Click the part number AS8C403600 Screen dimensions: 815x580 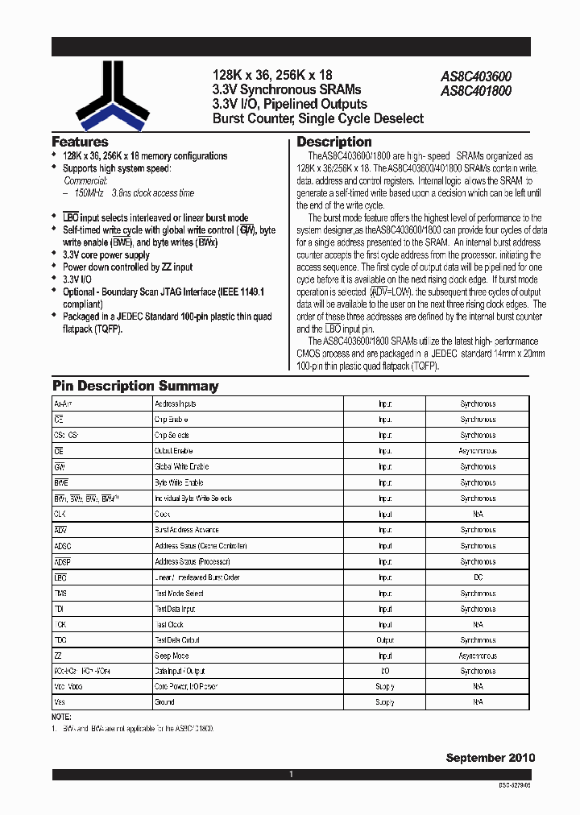475,77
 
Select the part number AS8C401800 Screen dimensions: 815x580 475,91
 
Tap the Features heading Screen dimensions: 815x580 80,142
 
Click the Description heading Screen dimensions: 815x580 334,143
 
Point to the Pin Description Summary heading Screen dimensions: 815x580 135,386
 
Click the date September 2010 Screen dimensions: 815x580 490,758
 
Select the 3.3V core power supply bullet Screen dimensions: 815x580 106,255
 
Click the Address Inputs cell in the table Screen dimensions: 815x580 175,403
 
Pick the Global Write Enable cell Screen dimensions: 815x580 181,466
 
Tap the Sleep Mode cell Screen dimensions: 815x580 171,656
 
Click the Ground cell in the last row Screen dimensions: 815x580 164,702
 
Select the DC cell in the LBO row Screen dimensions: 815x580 478,577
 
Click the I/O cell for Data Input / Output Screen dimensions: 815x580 385,671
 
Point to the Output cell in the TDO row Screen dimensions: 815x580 385,639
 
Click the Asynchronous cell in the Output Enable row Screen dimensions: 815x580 478,451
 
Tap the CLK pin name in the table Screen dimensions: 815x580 60,514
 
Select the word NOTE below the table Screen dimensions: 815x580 62,717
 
